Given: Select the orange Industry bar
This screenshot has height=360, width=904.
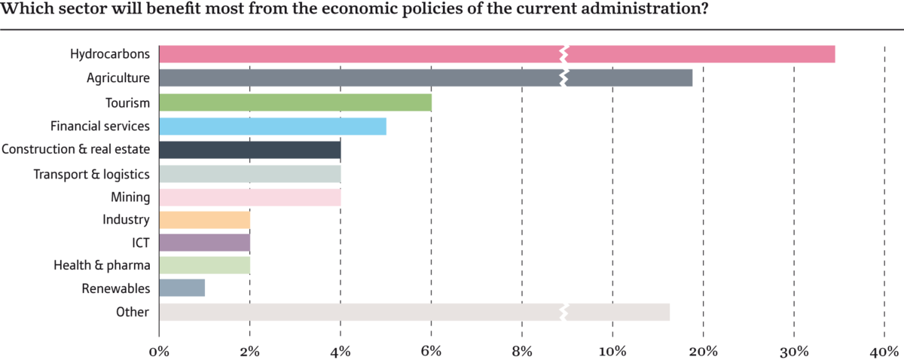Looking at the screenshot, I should (x=205, y=221).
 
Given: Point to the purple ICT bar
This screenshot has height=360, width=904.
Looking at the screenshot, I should (x=205, y=243).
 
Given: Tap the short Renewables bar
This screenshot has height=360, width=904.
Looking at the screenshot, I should (x=182, y=288).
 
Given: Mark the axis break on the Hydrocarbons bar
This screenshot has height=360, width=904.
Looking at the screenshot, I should (x=564, y=54).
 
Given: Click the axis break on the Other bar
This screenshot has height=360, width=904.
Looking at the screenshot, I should (x=564, y=312).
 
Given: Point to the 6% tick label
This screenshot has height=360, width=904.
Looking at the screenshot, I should (x=431, y=352).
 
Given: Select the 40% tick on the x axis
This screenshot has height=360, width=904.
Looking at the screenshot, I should (x=884, y=352).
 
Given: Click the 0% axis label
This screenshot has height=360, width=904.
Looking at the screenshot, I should (x=160, y=352).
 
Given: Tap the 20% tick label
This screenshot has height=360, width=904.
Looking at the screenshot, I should (x=704, y=352).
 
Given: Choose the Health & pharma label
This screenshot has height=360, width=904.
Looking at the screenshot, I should (x=102, y=265).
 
